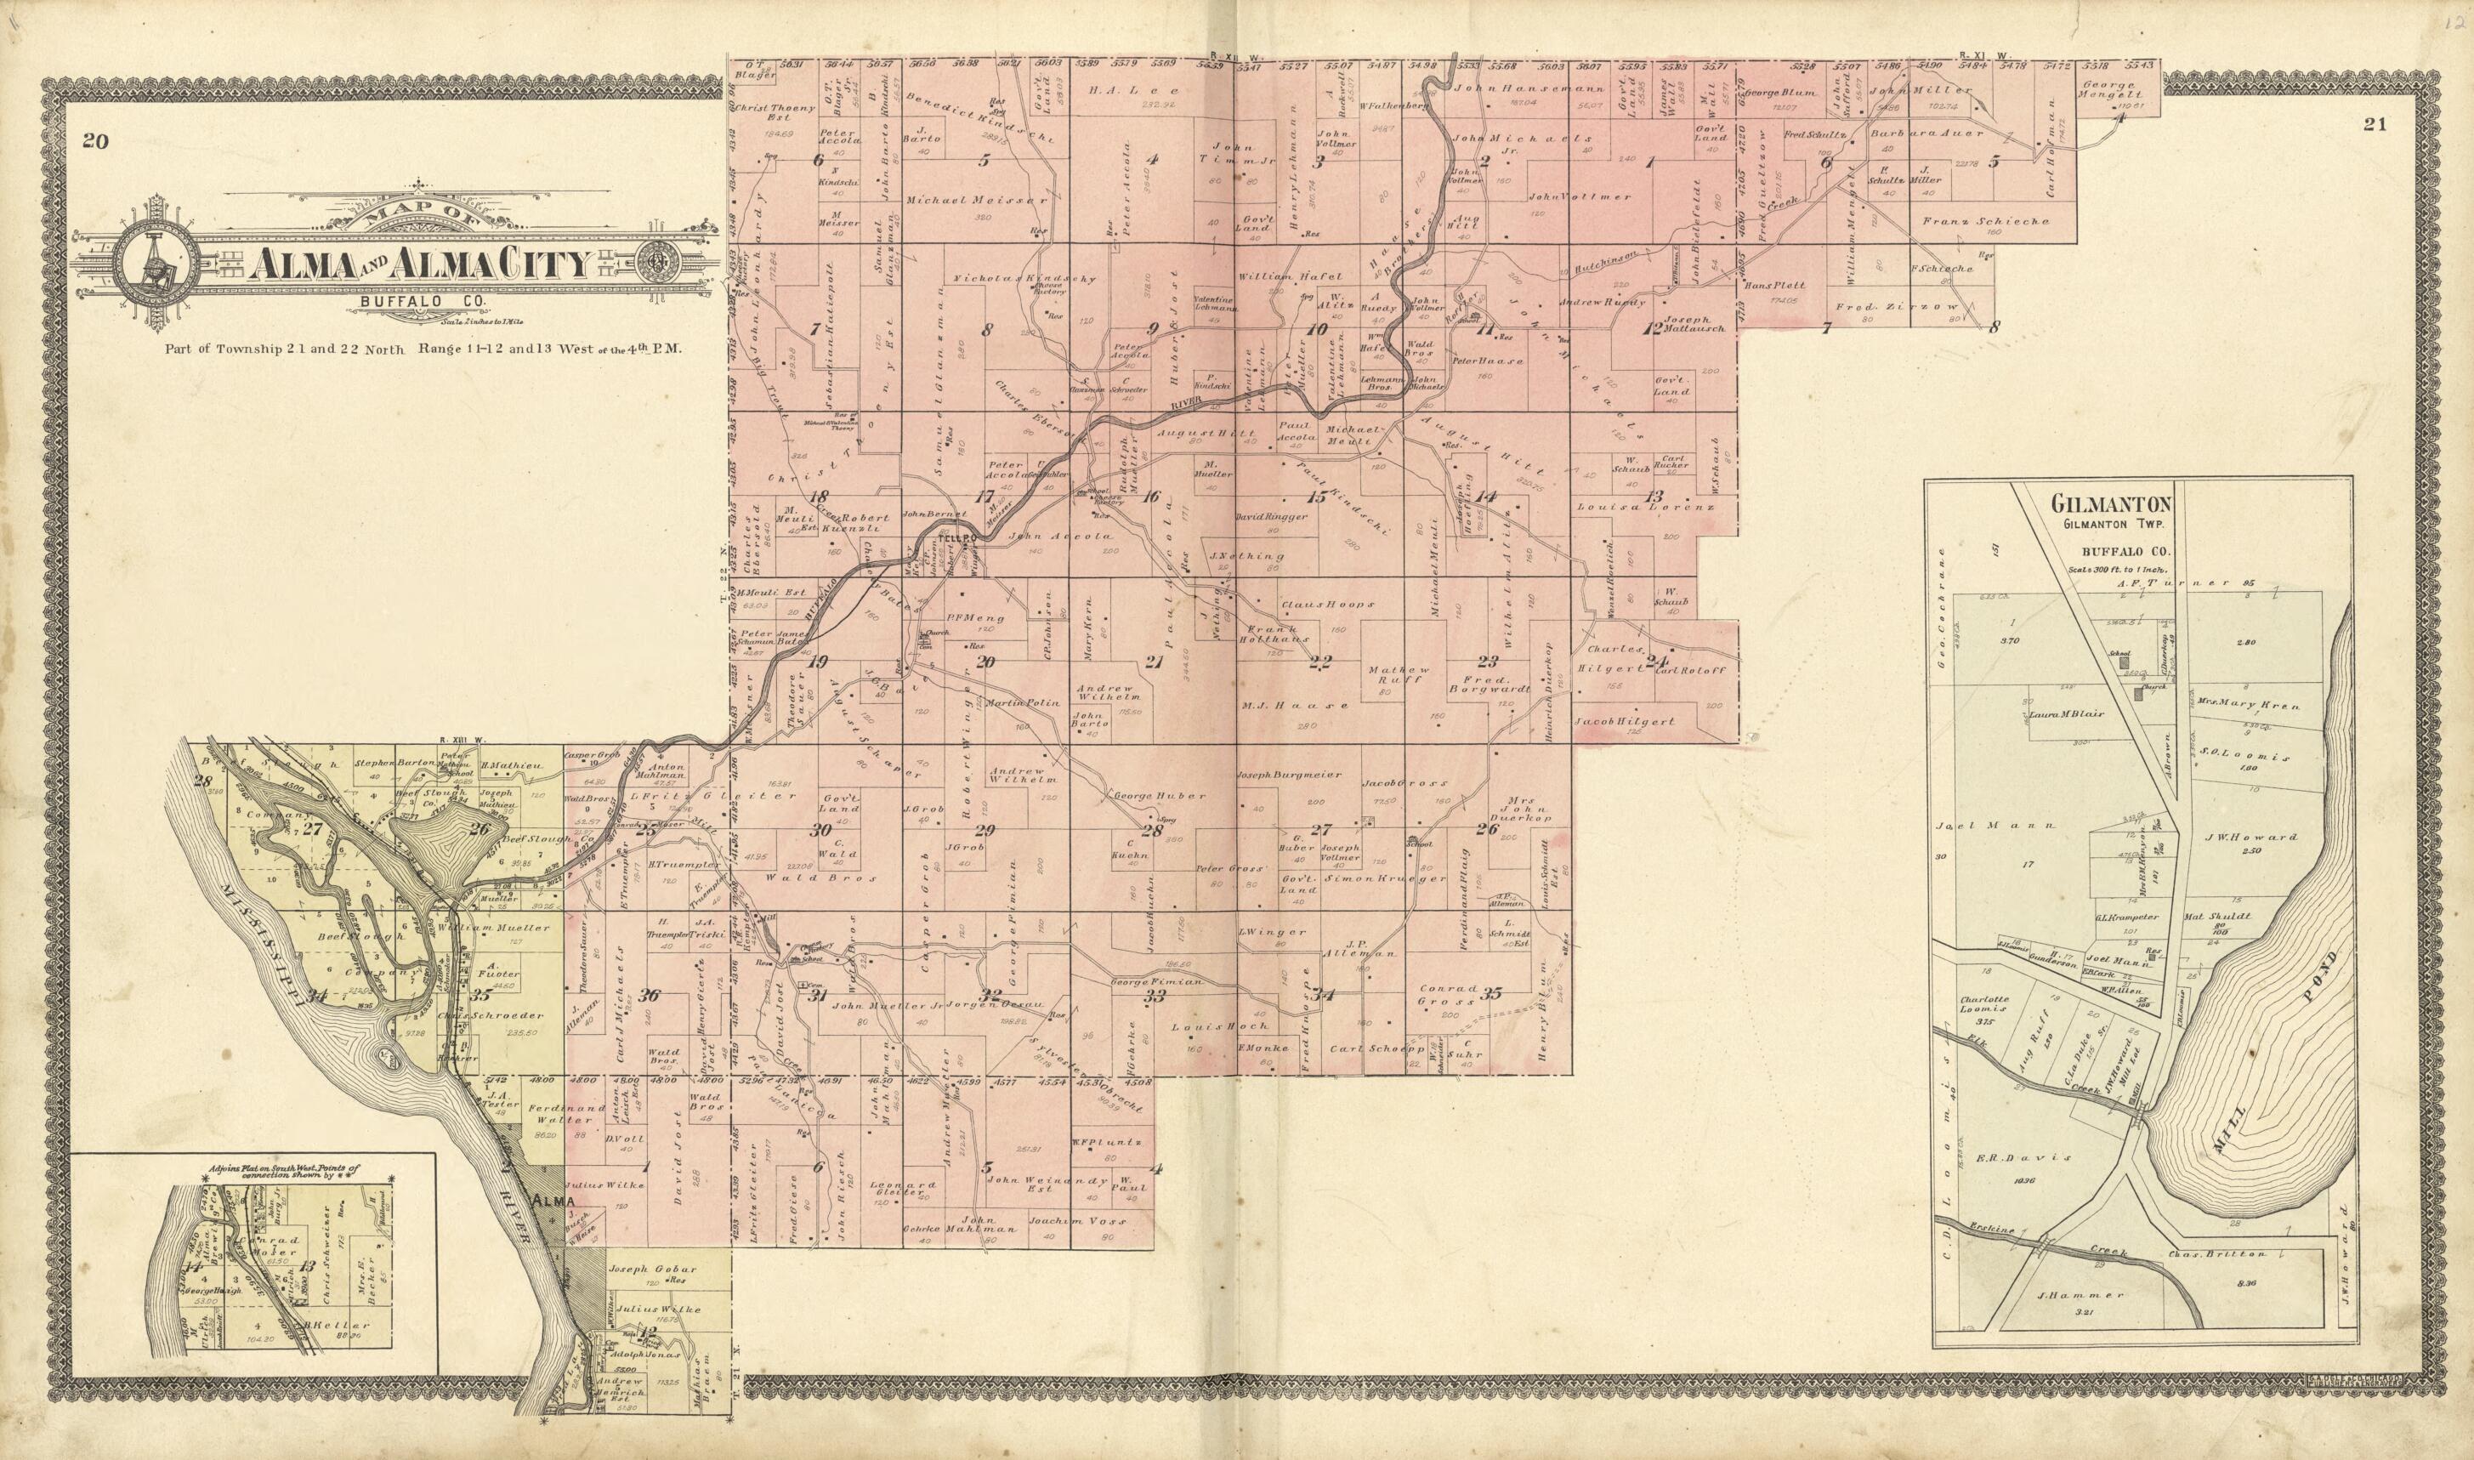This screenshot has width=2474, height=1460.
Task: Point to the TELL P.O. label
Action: click(953, 539)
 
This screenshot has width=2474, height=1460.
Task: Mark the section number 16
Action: click(1150, 497)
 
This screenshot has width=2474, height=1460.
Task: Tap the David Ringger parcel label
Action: click(1271, 515)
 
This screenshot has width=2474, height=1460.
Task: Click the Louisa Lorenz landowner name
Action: click(1643, 507)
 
